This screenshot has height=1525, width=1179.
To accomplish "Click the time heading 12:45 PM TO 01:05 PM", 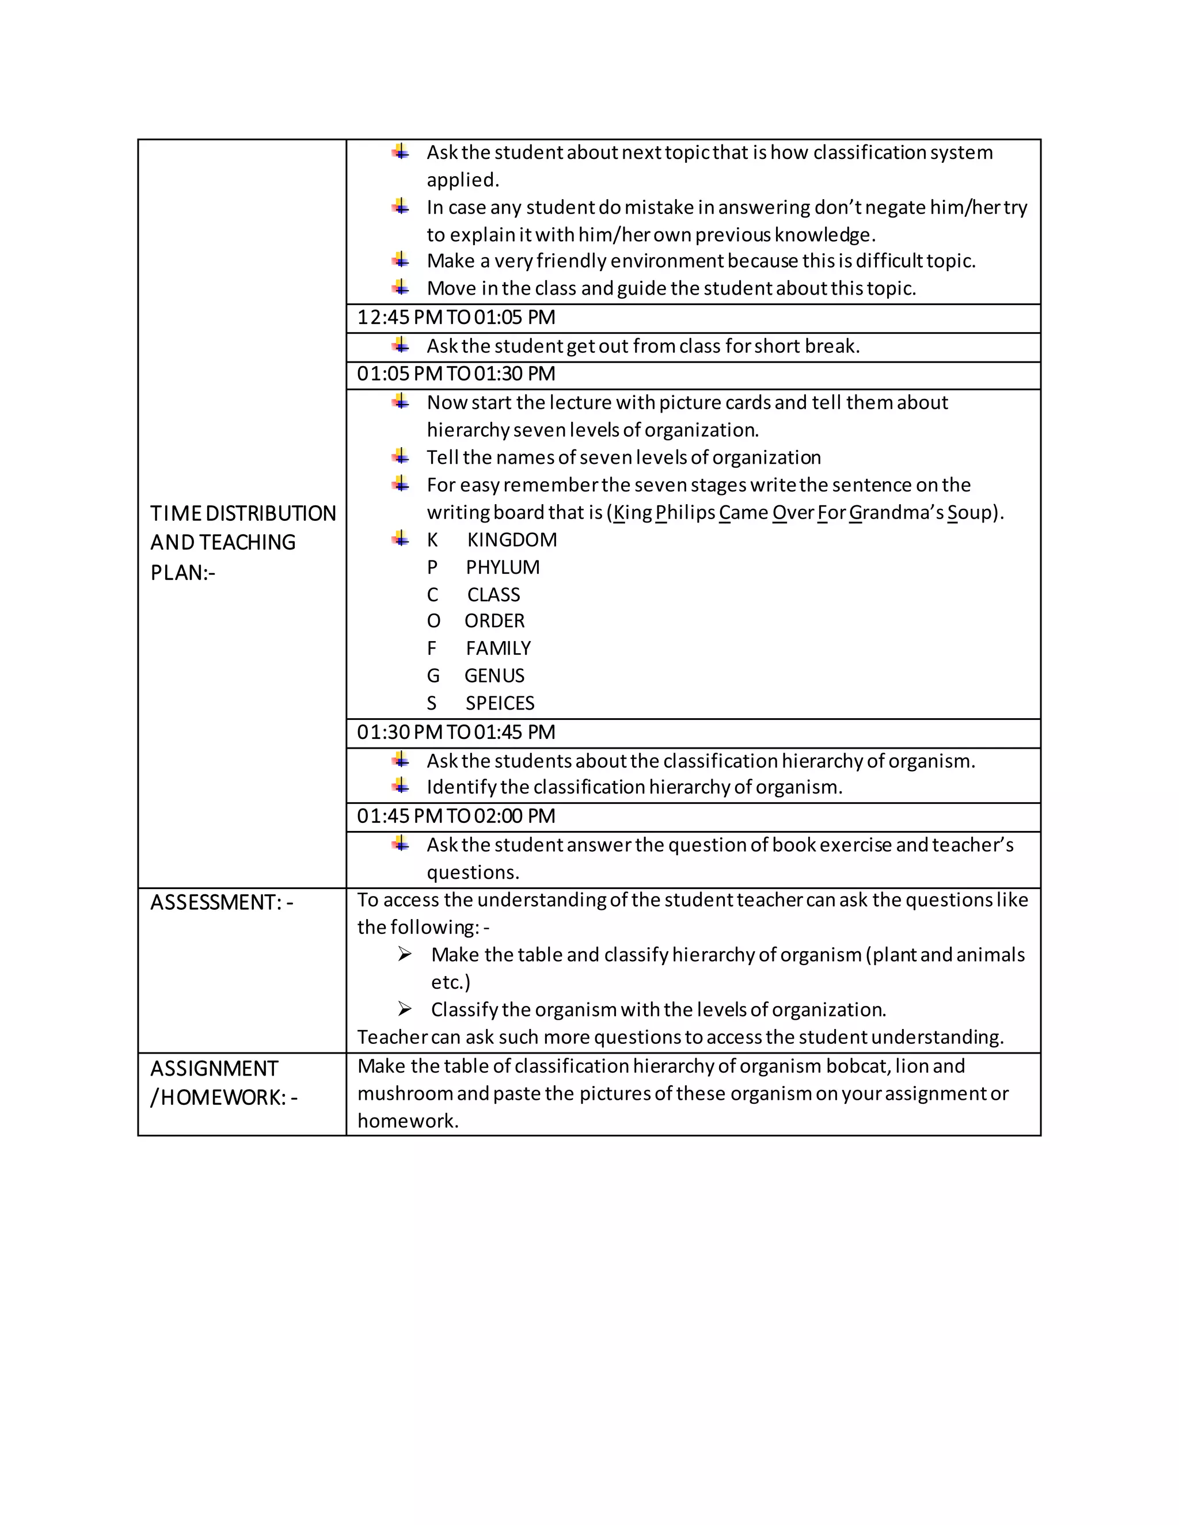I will [456, 318].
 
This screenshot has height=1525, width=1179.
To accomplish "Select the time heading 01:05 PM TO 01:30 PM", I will [456, 374].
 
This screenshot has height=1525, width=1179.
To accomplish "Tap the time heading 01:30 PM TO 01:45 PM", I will [456, 733].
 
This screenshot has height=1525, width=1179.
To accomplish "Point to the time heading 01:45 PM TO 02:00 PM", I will [456, 816].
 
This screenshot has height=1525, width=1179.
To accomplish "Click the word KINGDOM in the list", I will [512, 540].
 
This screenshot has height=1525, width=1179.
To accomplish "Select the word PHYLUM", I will [503, 567].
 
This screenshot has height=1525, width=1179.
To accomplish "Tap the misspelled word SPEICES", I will [500, 704].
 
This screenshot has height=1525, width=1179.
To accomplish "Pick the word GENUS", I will [495, 676].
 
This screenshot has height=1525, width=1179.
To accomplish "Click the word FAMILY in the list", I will [498, 649].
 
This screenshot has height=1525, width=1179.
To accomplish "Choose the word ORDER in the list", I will [495, 622].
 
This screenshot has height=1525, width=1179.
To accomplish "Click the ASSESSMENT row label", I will [222, 903].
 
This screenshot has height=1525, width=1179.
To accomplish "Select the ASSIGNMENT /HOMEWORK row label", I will [223, 1083].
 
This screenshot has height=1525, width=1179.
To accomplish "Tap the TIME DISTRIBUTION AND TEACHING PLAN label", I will [242, 543].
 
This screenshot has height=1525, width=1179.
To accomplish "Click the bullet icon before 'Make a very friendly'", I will [401, 261].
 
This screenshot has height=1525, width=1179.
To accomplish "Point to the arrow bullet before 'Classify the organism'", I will [404, 1009].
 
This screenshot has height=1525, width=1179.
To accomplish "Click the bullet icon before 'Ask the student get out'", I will [401, 345].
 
